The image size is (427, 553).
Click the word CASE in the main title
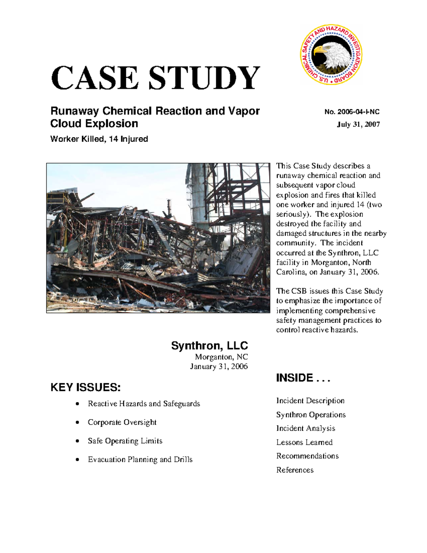95,78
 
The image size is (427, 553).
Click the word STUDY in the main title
204,78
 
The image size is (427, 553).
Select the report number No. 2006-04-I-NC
352,112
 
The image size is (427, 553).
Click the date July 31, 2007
358,124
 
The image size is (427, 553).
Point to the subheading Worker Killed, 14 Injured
99,139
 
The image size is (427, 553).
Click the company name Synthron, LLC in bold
209,345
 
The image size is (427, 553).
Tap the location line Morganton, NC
221,357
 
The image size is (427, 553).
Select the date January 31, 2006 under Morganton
218,366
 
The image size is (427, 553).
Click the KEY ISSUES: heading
85,387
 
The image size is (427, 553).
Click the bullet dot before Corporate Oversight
77,422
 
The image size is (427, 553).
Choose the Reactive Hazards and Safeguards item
144,403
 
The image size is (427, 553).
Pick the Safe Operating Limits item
125,441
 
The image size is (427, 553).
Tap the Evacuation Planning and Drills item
140,459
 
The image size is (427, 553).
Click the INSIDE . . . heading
303,378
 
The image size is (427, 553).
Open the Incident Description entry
310,401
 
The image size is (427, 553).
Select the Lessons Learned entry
304,442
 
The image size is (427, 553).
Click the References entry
295,470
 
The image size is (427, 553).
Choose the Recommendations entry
307,456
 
